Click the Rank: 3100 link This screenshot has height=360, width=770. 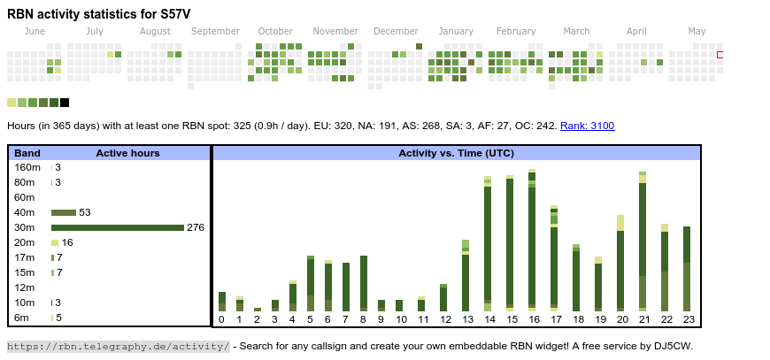(x=587, y=126)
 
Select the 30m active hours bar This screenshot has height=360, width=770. (x=117, y=227)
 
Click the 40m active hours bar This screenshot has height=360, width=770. (x=64, y=212)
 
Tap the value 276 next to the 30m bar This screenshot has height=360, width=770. (x=196, y=227)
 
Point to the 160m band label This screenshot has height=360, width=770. (x=27, y=167)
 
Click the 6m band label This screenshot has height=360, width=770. (x=22, y=318)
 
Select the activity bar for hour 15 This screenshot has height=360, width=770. (x=510, y=243)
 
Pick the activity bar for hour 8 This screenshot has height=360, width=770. (x=364, y=283)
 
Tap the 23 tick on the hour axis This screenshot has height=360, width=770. (x=687, y=319)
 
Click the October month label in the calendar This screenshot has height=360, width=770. (x=275, y=31)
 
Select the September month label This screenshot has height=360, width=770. (x=215, y=31)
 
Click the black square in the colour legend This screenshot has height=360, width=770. (x=65, y=103)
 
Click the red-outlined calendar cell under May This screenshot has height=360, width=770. (x=720, y=55)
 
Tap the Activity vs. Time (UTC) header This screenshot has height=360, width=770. (x=457, y=153)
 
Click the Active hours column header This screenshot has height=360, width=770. (x=127, y=153)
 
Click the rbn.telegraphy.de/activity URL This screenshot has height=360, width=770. (x=119, y=346)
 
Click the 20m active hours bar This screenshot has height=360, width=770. (x=55, y=242)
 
